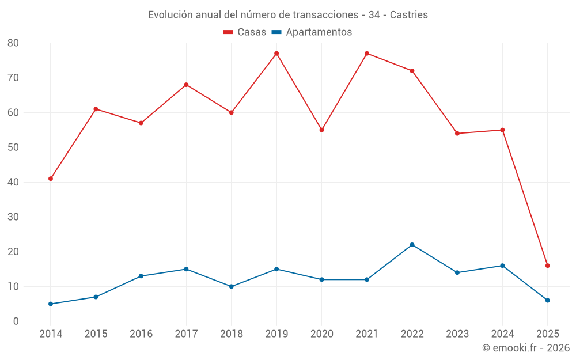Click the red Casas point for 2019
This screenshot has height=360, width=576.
pyautogui.click(x=276, y=54)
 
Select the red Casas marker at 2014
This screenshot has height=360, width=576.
pyautogui.click(x=51, y=179)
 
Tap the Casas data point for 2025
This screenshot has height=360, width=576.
pyautogui.click(x=547, y=266)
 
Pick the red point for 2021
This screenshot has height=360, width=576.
pyautogui.click(x=367, y=54)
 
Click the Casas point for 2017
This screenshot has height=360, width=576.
pyautogui.click(x=186, y=85)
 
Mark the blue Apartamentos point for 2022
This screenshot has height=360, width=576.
pyautogui.click(x=412, y=245)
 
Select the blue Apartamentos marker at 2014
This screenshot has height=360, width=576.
pyautogui.click(x=51, y=304)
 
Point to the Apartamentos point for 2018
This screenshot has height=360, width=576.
pyautogui.click(x=231, y=286)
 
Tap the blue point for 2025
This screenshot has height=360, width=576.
pyautogui.click(x=547, y=300)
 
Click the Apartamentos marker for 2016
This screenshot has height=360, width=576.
pyautogui.click(x=141, y=276)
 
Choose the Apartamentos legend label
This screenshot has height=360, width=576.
pyautogui.click(x=319, y=32)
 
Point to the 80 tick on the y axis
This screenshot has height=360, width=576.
pyautogui.click(x=13, y=43)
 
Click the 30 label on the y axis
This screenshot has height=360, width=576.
pyautogui.click(x=13, y=217)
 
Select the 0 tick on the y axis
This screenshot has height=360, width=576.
pyautogui.click(x=16, y=321)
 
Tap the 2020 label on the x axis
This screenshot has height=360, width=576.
pyautogui.click(x=321, y=334)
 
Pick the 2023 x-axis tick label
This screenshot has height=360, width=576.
pyautogui.click(x=457, y=334)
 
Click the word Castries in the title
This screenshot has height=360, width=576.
pyautogui.click(x=409, y=15)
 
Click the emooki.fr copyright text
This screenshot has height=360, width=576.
pyautogui.click(x=525, y=348)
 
